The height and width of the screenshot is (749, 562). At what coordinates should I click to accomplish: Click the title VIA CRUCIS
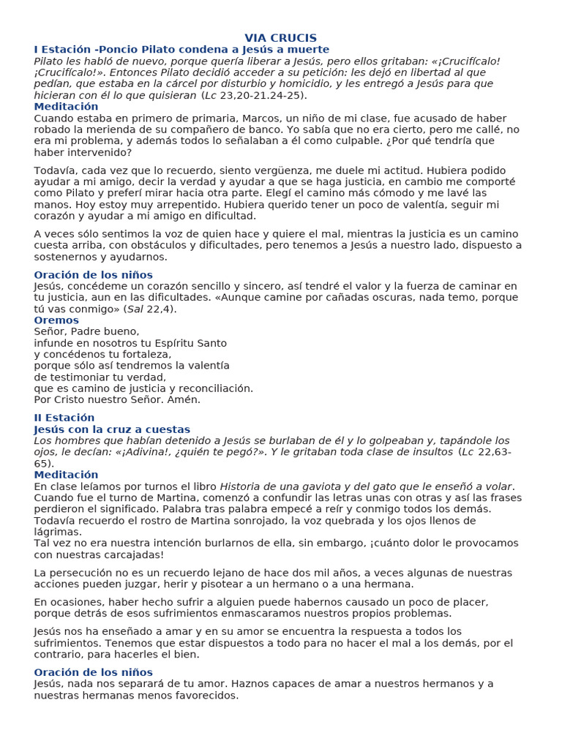pos(280,38)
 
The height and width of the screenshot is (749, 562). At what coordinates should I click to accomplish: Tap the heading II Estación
pos(64,418)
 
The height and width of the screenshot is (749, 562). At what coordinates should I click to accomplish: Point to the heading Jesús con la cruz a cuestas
pos(112,429)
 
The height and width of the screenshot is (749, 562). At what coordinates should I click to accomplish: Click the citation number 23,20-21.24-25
pos(262,95)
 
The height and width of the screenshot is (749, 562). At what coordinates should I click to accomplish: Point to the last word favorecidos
pos(203,695)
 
